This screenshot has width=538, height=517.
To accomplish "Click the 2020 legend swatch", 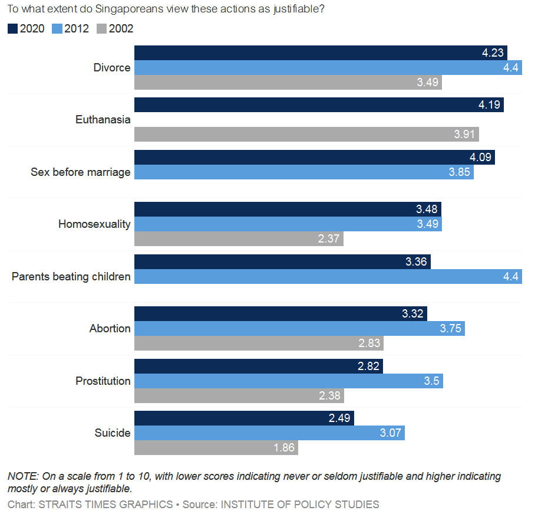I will point(12,28).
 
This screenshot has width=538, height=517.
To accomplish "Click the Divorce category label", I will point(112,67).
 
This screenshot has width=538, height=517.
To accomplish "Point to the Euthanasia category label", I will point(103,120).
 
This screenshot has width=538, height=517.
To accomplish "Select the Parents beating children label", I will point(71,276).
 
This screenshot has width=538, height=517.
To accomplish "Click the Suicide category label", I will point(113,433).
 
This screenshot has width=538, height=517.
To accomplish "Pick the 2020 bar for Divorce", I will point(321,53).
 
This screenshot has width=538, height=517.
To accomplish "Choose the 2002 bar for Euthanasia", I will point(306,135).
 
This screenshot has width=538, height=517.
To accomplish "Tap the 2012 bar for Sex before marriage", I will point(303,172).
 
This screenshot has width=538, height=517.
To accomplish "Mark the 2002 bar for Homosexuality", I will point(239,238).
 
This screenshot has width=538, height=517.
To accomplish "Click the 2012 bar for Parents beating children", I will point(328,276).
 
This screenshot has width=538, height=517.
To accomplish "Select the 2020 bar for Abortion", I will point(280,313).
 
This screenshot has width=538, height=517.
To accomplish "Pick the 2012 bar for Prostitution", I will point(288,381).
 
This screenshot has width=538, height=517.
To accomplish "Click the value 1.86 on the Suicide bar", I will point(284,448).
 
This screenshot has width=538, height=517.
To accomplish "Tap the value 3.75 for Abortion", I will point(451,329).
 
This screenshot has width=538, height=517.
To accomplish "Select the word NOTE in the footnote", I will point(21,476).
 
